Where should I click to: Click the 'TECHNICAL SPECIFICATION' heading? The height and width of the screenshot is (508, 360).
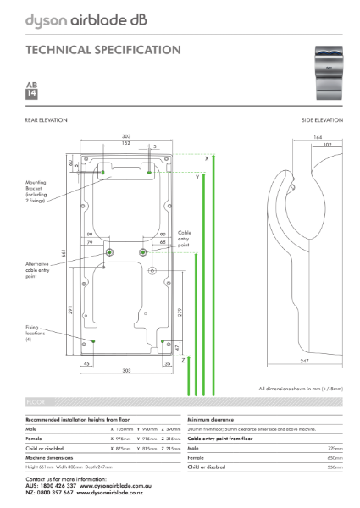click(x=102, y=50)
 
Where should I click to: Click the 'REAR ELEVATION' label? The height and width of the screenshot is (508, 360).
click(x=45, y=120)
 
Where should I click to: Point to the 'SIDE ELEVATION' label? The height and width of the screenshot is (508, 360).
click(x=322, y=120)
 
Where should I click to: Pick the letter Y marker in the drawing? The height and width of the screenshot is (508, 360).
click(x=197, y=178)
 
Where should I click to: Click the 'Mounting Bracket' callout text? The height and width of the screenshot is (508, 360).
click(x=37, y=193)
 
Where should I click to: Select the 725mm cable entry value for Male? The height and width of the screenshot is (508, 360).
click(x=335, y=447)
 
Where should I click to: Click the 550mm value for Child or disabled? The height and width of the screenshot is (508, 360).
click(x=335, y=467)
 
